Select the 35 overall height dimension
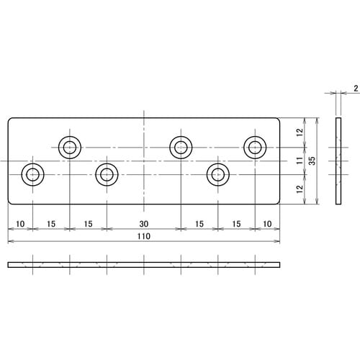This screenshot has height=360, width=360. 312,162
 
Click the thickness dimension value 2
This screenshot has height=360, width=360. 356,89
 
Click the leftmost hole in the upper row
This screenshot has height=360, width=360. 70,148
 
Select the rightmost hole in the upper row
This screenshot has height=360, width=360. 254,148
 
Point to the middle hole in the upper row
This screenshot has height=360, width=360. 181,148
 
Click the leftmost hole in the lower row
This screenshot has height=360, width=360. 33,174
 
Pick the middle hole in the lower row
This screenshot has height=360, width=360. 107,174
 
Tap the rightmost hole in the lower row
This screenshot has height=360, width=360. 217,174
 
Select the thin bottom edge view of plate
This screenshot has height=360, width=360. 143,265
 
